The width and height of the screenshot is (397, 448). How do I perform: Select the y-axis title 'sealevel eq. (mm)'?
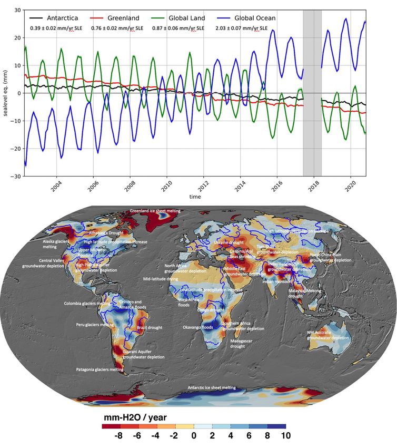[5, 93]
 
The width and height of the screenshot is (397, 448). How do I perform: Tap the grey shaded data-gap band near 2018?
[312, 93]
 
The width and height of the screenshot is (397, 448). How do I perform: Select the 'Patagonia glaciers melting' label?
[100, 369]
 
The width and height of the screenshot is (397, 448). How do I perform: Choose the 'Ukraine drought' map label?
[228, 242]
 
